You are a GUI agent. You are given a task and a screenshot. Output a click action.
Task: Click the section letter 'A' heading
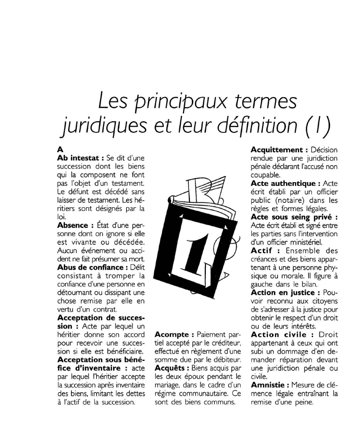60,149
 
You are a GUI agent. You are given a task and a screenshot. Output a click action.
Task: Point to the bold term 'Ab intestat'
77,157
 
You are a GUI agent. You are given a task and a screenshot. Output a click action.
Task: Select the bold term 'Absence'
72,225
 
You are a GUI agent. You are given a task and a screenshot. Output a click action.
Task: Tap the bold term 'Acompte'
173,334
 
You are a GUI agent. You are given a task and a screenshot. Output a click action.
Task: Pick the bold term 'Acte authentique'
284,183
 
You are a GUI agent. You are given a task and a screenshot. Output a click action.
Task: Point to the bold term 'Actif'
261,250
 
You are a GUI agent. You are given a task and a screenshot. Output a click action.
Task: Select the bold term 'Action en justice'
284,292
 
